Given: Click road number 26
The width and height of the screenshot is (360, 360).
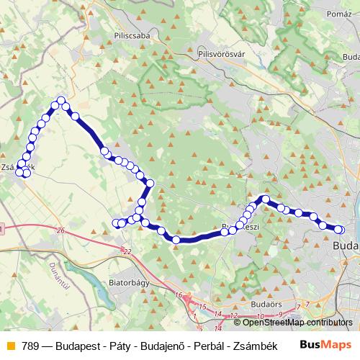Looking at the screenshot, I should [x=60, y=230].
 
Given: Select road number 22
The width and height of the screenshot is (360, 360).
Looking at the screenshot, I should [x=128, y=251].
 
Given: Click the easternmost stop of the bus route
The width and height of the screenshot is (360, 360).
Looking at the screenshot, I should [x=340, y=230].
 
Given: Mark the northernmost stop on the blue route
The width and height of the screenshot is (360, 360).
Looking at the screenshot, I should [x=61, y=101].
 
